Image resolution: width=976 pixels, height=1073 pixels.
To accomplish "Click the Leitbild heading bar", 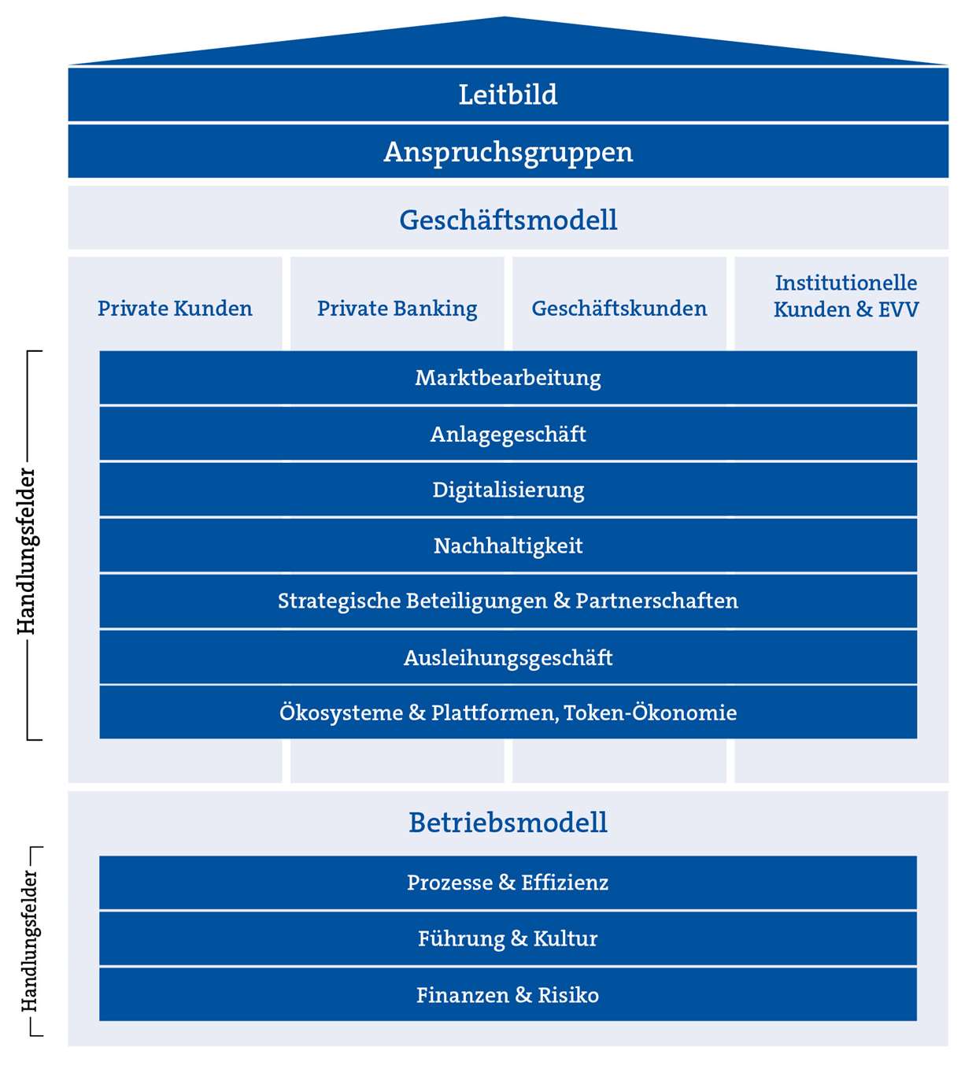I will (508, 94).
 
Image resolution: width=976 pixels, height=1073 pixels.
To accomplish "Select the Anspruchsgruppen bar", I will (508, 151).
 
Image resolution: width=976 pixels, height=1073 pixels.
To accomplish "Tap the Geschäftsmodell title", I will (508, 220).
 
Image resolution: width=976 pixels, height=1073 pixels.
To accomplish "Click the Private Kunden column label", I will (175, 309).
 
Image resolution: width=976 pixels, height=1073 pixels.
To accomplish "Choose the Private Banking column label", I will (397, 309).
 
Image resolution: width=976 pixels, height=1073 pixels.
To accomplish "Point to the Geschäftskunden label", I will (619, 309).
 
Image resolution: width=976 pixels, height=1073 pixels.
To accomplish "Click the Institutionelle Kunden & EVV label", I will (845, 296).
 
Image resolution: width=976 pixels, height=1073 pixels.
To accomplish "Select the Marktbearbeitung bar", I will (508, 378).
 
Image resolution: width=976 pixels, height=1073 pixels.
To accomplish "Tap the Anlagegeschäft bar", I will (508, 434).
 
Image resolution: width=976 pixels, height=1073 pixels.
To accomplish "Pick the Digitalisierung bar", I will (508, 490).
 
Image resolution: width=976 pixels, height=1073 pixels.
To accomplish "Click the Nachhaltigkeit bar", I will (508, 546).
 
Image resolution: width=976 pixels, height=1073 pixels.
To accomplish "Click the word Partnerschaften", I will (656, 601).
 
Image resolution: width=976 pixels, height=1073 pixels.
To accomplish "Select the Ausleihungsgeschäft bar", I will (508, 657).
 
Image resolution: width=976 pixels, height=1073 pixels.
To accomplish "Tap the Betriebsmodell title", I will (508, 823).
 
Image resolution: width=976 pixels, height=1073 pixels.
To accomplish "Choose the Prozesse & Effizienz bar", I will (508, 882).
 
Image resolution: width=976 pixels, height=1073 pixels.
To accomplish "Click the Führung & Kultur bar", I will (508, 938).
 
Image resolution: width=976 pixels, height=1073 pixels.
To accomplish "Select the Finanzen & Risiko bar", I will (508, 995).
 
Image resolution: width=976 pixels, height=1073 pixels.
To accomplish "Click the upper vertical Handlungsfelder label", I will (27, 551).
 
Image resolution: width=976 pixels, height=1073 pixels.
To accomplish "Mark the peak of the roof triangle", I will (505, 18).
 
